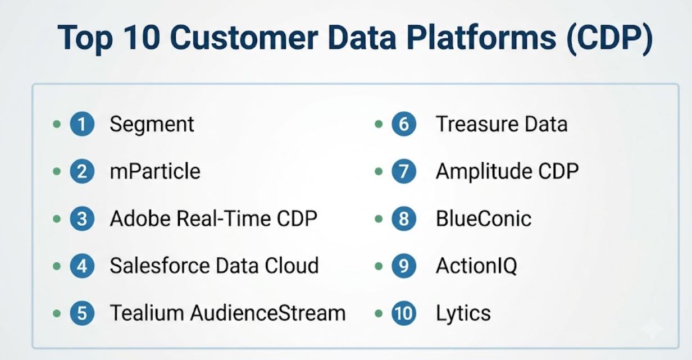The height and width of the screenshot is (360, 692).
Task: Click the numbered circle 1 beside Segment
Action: click(82, 124)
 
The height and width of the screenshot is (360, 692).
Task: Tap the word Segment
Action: click(152, 125)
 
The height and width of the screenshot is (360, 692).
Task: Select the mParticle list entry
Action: click(155, 171)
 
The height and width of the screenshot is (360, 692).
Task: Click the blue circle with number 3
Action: click(82, 219)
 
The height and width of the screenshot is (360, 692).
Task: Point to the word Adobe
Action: click(140, 218)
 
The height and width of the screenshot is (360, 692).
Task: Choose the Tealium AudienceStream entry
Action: click(227, 313)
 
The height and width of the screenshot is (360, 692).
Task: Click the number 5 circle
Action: click(82, 313)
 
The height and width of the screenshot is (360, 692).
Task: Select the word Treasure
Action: click(477, 124)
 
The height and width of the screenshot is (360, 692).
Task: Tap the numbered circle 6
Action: click(404, 124)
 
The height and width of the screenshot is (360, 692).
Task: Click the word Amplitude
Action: click(484, 172)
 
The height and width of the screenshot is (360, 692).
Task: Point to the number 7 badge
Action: click(404, 171)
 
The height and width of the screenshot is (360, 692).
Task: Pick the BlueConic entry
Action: click(484, 219)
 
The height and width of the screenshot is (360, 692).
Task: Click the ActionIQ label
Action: click(476, 266)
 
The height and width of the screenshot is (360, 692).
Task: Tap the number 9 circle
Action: click(404, 266)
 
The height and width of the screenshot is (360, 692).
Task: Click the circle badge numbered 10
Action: click(404, 313)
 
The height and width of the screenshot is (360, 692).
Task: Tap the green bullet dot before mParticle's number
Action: click(57, 171)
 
